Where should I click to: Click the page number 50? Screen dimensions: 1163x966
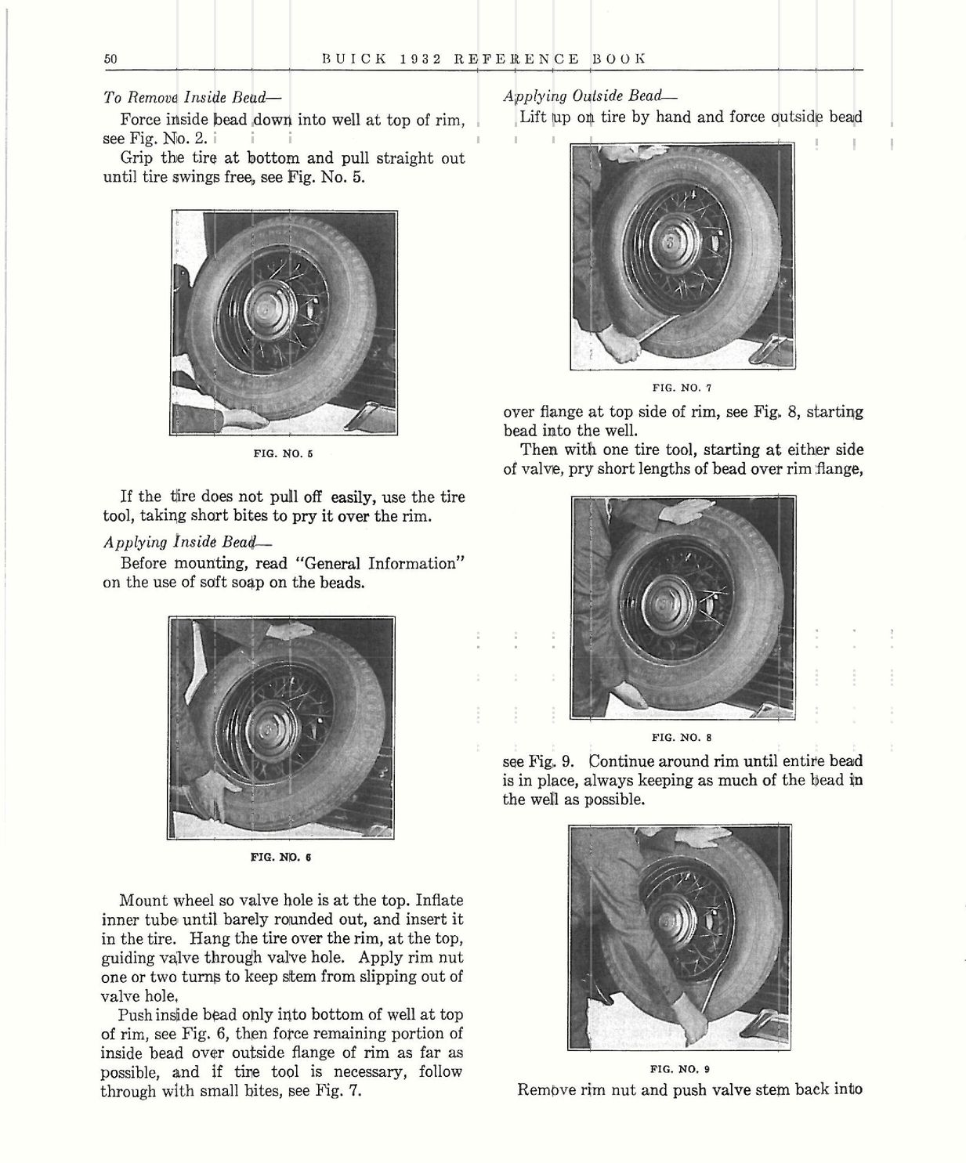(x=110, y=59)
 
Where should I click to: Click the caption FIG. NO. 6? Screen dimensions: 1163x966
(x=281, y=857)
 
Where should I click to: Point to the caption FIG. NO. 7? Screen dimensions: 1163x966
(x=681, y=387)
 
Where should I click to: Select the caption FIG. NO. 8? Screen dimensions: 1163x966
(x=681, y=737)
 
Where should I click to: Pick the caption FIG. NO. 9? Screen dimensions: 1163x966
(x=681, y=1068)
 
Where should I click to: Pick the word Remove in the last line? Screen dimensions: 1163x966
(x=545, y=1089)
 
